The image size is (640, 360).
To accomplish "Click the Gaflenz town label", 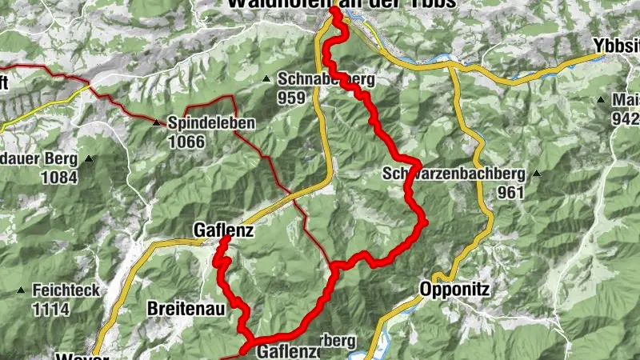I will click(223, 231).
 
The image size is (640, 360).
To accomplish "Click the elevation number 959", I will click(292, 97).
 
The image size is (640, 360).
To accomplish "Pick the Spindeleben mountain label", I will click(212, 124).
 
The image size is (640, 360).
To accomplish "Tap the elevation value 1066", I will click(186, 142).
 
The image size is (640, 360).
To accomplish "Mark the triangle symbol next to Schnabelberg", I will click(266, 78).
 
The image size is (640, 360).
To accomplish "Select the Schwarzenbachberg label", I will click(453, 174).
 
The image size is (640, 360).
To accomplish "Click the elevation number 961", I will click(510, 192).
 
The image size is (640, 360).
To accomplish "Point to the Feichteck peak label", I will click(66, 290).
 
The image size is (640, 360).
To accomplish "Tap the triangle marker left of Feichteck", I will click(21, 289).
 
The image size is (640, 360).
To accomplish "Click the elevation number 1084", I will click(61, 178).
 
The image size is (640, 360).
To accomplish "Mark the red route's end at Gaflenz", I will click(226, 239).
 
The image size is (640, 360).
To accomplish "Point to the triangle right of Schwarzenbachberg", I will click(538, 173).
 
